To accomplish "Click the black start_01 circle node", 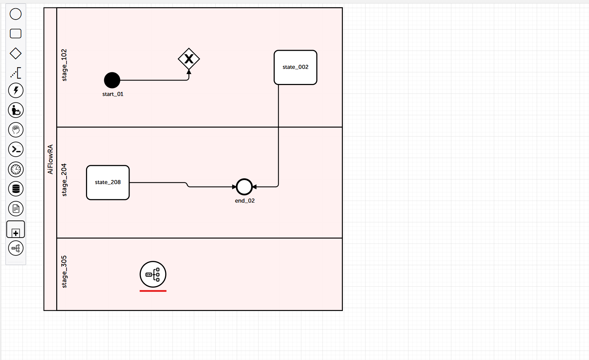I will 112,80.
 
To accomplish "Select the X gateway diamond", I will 189,59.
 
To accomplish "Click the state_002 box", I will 296,68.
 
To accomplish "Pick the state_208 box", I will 108,182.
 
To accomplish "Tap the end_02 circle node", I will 244,187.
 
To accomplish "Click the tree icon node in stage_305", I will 153,274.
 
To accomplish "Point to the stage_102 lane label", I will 64,65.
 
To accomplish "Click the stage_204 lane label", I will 64,180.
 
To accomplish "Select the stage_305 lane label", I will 64,272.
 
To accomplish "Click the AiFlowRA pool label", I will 50,159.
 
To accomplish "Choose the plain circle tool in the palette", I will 16,14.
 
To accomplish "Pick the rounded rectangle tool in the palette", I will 16,34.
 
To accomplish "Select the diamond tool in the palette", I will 16,53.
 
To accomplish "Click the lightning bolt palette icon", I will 16,91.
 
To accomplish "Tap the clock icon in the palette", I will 16,169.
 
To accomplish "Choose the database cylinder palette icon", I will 16,189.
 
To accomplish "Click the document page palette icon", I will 16,209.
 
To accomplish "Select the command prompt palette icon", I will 16,149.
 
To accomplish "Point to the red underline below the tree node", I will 153,291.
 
